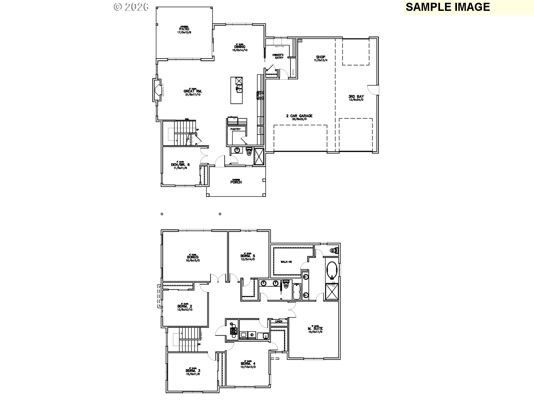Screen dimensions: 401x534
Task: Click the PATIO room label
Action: coord(184,29)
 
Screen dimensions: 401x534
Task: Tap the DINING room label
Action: coord(240,47)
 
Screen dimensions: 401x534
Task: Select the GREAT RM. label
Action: coord(193,91)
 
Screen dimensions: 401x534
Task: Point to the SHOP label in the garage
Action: coord(320,57)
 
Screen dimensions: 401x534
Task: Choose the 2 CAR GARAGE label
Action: coord(299,116)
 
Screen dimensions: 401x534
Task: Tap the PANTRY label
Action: coord(235,129)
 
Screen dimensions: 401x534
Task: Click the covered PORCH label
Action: coord(236,182)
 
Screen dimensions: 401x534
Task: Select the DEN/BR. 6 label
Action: coord(180,165)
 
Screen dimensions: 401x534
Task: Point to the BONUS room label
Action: coord(193,257)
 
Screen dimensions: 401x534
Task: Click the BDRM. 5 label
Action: coord(248,256)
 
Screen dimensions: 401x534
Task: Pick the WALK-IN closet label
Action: coord(286,262)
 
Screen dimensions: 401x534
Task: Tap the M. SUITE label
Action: coord(315,329)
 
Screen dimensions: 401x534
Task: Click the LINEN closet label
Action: coord(279,321)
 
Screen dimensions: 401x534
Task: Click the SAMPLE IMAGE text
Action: coord(448,7)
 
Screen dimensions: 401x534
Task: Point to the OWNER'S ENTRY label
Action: coord(278,56)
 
